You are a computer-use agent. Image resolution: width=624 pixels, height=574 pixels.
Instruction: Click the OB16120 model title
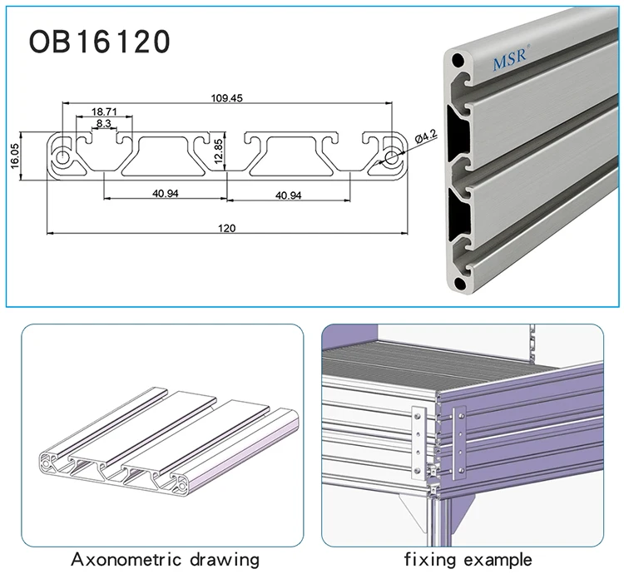pos(100,41)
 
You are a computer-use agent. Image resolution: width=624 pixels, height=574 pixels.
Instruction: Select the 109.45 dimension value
pos(227,97)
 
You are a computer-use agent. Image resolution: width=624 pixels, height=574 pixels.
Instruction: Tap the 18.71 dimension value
pos(104,111)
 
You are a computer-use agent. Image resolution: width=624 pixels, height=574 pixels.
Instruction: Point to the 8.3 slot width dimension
pos(104,123)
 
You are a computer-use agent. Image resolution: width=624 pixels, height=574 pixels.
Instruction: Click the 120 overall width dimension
pos(226,228)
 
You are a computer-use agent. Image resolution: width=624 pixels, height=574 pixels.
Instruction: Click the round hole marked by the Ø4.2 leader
pos(391,156)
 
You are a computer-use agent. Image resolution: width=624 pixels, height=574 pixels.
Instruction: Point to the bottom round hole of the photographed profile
pos(459,285)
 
